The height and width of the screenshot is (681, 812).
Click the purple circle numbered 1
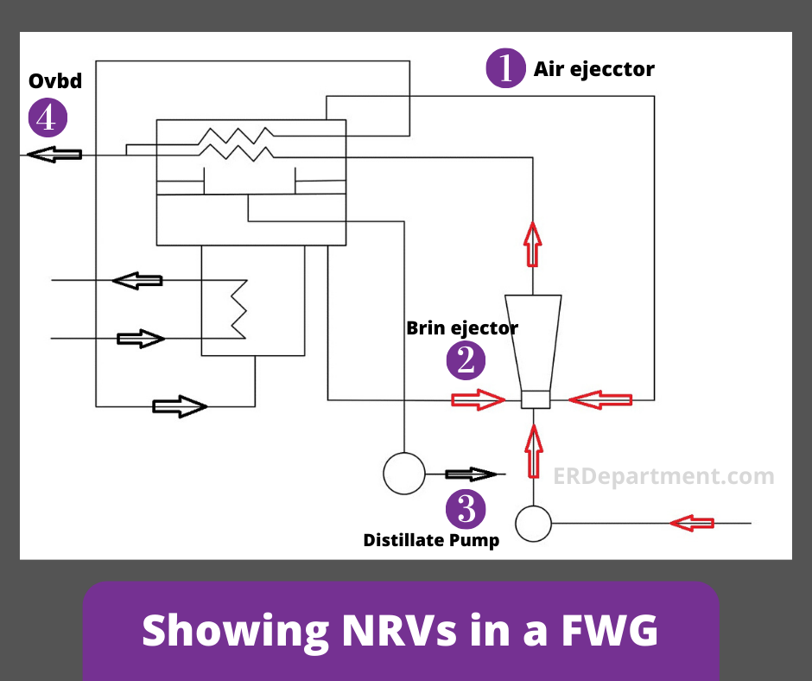tap(505, 68)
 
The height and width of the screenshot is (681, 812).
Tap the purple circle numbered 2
tap(466, 360)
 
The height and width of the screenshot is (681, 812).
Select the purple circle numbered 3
tap(466, 509)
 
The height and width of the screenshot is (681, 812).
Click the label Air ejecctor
tap(593, 69)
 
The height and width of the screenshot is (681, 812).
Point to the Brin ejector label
tap(462, 328)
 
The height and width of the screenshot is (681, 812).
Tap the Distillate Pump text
tap(431, 541)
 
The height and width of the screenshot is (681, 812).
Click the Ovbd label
tap(55, 81)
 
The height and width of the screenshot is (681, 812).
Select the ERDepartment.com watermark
tap(663, 476)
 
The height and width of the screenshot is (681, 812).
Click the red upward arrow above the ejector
tap(533, 244)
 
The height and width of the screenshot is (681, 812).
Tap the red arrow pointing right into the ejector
tap(477, 399)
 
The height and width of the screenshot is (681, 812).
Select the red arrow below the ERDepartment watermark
tap(692, 523)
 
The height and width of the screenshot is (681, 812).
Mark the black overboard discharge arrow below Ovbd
tap(54, 155)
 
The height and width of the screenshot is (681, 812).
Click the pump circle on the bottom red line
tap(533, 524)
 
